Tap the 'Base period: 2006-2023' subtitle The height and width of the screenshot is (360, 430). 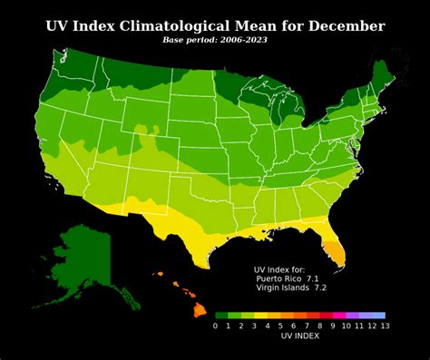click(x=215, y=41)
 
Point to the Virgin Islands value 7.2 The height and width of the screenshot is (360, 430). click(x=320, y=287)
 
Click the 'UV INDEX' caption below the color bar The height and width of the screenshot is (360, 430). click(x=300, y=336)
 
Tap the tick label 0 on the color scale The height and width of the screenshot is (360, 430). click(x=215, y=325)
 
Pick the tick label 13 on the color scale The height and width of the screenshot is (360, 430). click(x=385, y=325)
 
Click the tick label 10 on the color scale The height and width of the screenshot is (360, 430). click(x=346, y=325)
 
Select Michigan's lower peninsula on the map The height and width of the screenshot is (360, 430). click(x=291, y=118)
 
